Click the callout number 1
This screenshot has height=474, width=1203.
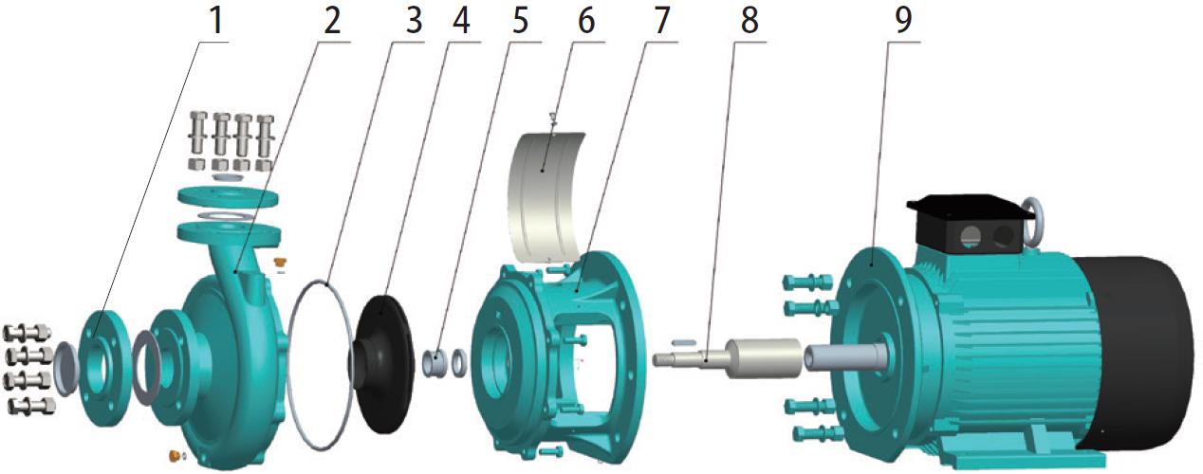pyautogui.click(x=216, y=21)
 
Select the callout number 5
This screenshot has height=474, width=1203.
pyautogui.click(x=520, y=21)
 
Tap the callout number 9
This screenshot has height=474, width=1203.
pyautogui.click(x=903, y=21)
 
